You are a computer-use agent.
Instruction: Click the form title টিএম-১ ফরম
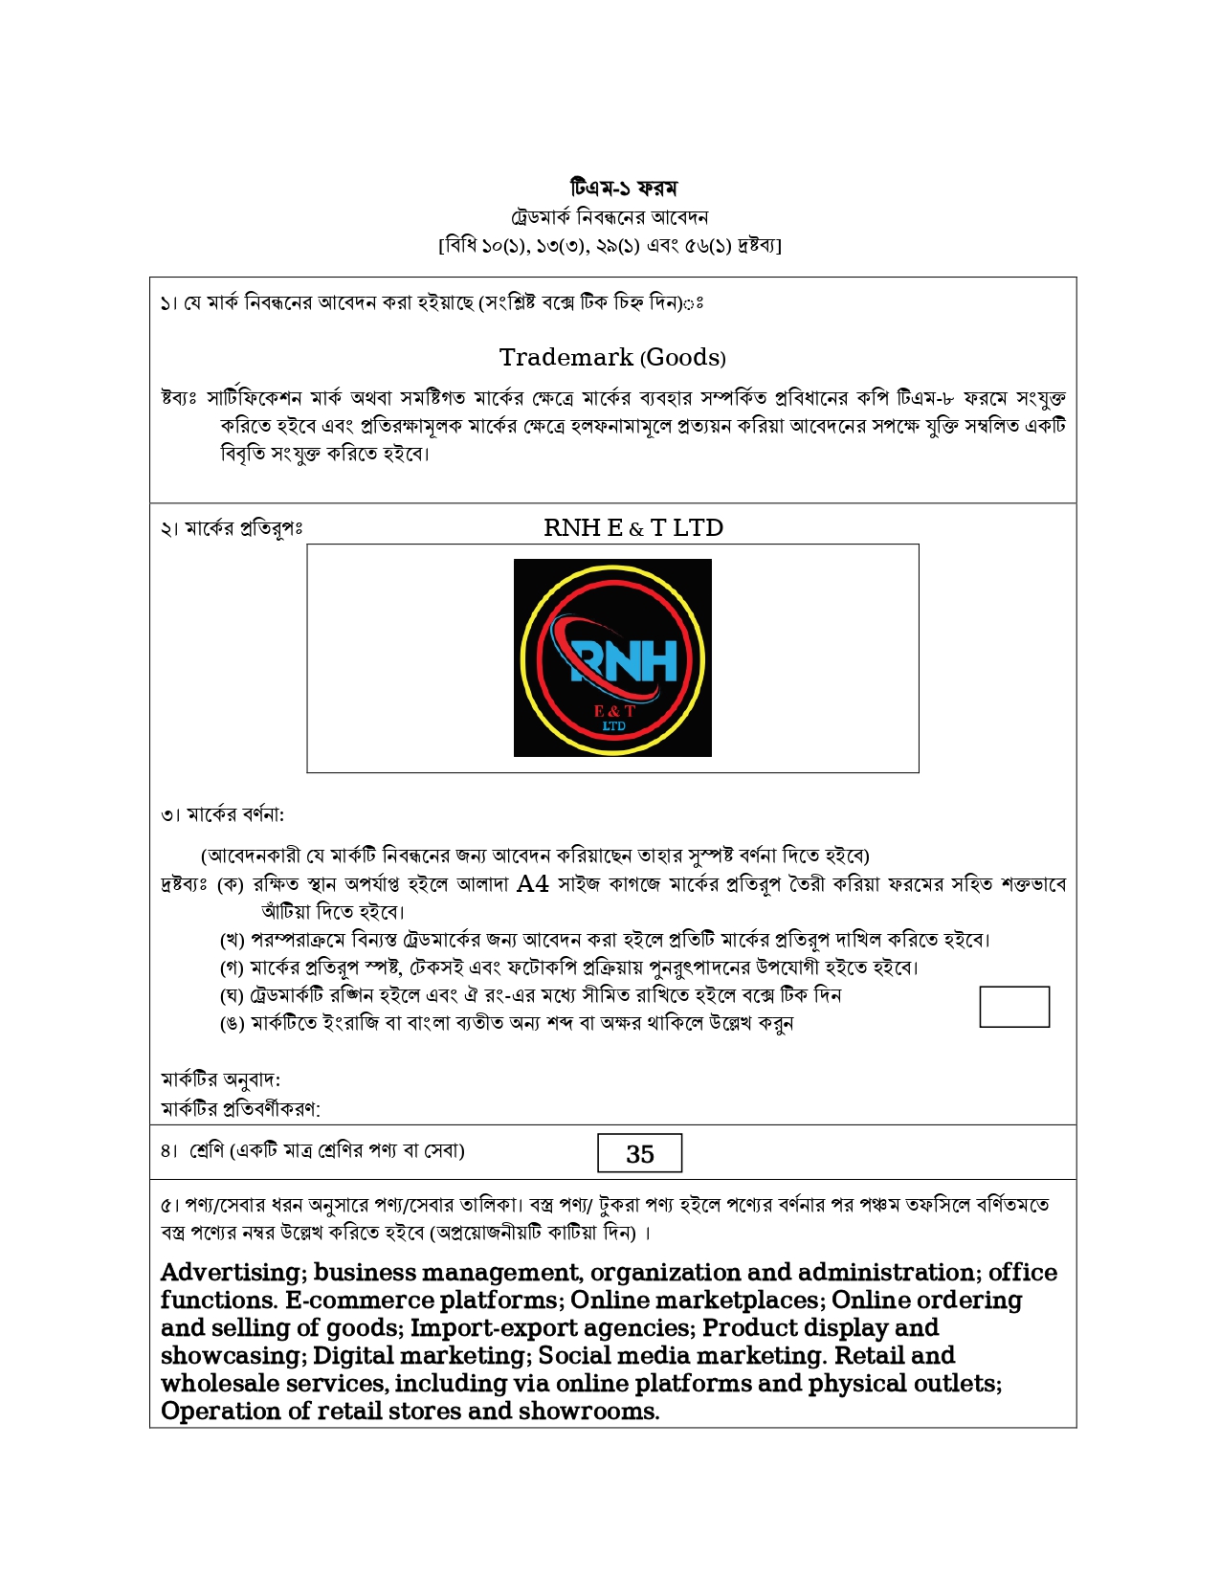click(623, 188)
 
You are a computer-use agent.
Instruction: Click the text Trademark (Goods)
click(612, 358)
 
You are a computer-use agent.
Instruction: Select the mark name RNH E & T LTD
click(632, 528)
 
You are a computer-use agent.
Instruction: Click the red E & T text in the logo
click(613, 711)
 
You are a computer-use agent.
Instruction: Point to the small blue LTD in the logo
click(613, 726)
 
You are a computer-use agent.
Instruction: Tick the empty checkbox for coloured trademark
click(1014, 1007)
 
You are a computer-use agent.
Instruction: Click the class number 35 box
click(639, 1153)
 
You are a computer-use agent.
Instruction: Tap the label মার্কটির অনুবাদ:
click(221, 1079)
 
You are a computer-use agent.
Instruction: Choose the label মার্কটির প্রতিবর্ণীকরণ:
click(240, 1108)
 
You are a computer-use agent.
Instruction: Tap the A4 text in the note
click(532, 883)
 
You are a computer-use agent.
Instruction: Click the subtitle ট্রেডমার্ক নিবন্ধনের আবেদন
click(610, 217)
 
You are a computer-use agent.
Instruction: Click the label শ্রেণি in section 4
click(207, 1150)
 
